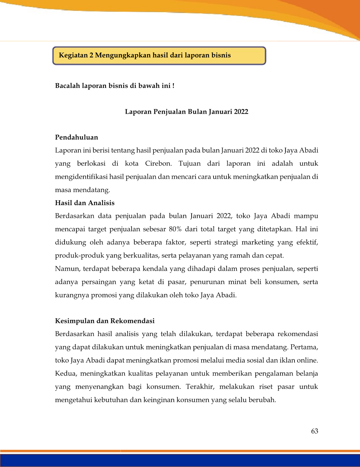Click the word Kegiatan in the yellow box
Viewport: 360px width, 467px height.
(73, 55)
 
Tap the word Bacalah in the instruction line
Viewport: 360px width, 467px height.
(67, 86)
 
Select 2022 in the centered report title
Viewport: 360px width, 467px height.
(241, 112)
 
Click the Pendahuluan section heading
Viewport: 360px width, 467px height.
(76, 137)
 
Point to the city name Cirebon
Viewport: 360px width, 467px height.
(158, 164)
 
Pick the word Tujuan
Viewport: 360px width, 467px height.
(189, 164)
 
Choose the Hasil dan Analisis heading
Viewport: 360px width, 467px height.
(85, 203)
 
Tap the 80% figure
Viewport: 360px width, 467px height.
(175, 229)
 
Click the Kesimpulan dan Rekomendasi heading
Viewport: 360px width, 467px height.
(105, 321)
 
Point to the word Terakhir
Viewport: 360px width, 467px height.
(200, 387)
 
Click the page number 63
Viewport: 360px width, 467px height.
(314, 431)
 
